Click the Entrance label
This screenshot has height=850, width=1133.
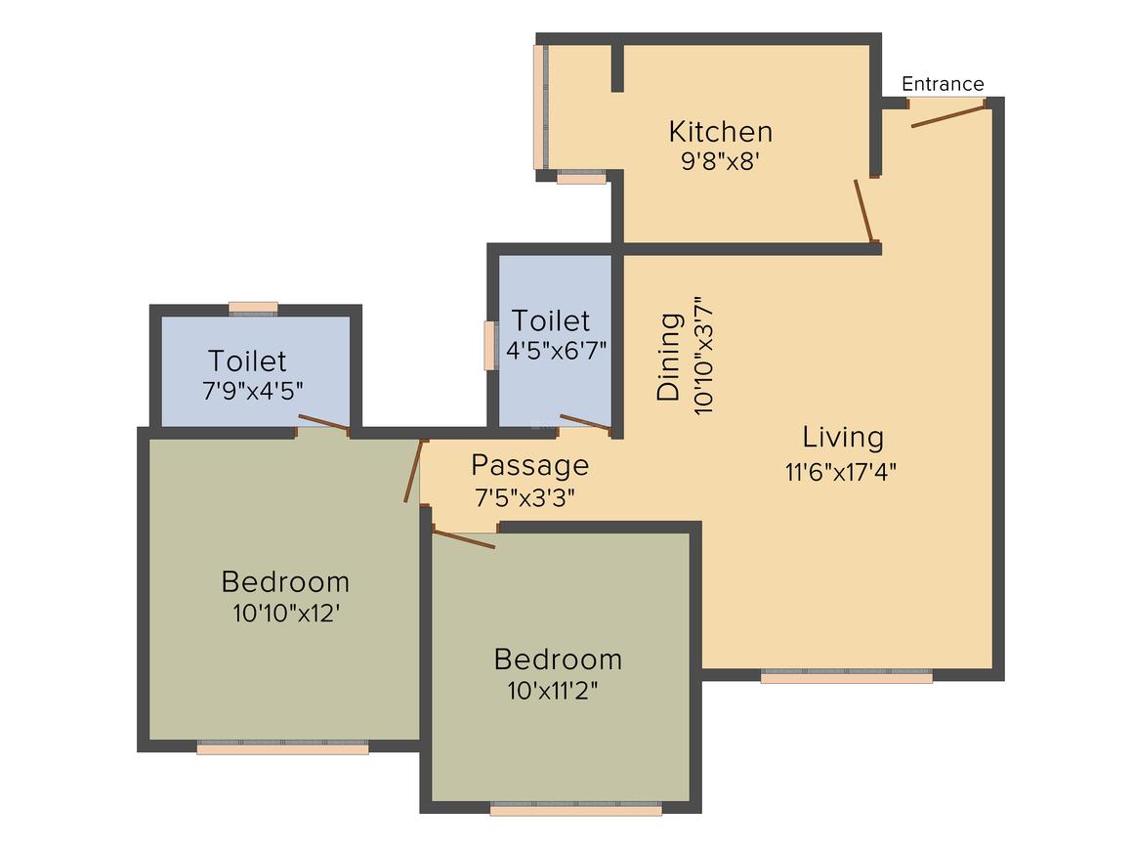[x=943, y=84]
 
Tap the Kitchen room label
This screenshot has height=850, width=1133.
[x=721, y=131]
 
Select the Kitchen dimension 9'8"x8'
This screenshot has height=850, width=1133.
[x=721, y=161]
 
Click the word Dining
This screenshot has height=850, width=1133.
[x=669, y=357]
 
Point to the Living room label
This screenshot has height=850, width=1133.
[x=843, y=437]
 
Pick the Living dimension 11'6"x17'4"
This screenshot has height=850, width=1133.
[x=841, y=472]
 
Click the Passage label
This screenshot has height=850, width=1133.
[x=529, y=465]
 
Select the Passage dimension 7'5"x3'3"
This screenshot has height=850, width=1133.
[x=525, y=497]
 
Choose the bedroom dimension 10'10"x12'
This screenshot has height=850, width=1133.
[x=286, y=614]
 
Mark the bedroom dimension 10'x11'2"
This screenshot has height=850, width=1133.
[x=553, y=691]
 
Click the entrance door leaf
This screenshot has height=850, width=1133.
[x=947, y=116]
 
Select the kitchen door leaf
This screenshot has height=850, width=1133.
[x=863, y=209]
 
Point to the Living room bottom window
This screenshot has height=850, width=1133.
[x=846, y=675]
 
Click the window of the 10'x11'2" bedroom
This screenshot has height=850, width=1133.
[x=575, y=809]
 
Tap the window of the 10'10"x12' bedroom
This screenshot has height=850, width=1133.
[x=282, y=747]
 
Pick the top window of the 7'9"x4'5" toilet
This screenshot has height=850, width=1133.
[x=253, y=309]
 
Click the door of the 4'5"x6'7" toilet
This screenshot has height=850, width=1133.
[x=585, y=423]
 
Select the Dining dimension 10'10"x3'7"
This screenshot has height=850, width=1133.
[x=703, y=357]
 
